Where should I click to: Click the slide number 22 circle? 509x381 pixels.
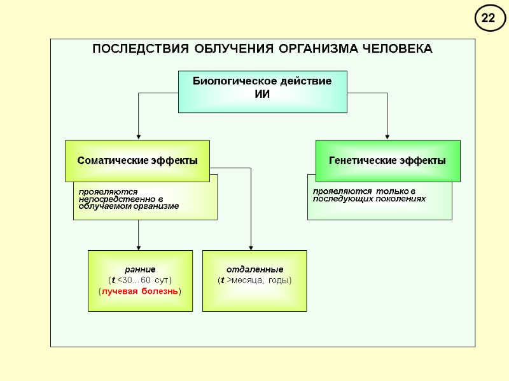(488, 19)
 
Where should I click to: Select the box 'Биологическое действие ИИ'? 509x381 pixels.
(262, 91)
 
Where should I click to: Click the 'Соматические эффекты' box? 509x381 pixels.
(137, 161)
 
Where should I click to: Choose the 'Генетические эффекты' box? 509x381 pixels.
(387, 161)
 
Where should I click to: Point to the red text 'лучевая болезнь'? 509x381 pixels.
(140, 291)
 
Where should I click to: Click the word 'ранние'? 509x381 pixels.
(140, 269)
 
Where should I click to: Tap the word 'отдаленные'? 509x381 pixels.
(254, 269)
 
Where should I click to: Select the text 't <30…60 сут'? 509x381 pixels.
(140, 280)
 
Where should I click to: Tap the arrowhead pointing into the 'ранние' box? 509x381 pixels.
(138, 247)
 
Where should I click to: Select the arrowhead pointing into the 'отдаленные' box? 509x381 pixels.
(251, 247)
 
